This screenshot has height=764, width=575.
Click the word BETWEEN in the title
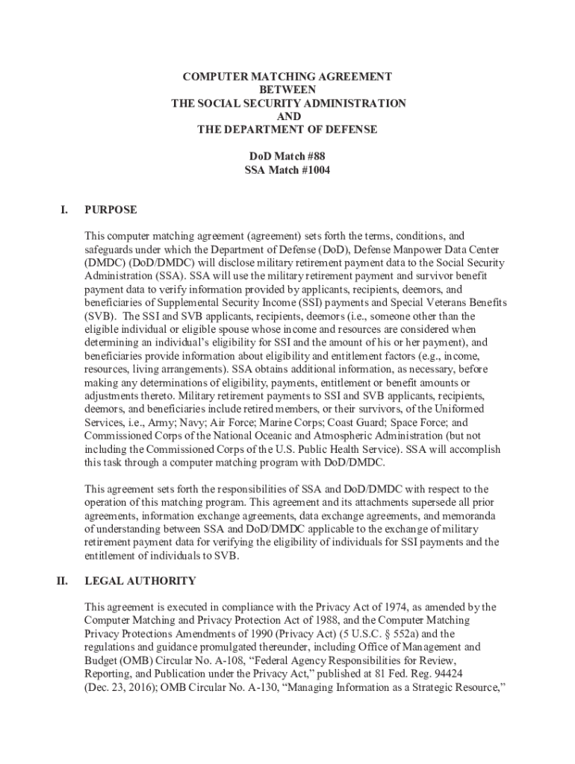point(287,90)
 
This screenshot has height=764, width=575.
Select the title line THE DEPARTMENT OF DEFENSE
point(287,130)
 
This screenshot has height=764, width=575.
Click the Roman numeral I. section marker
point(65,210)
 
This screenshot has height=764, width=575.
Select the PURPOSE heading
point(111,210)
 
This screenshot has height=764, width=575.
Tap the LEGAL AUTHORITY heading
point(140,580)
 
